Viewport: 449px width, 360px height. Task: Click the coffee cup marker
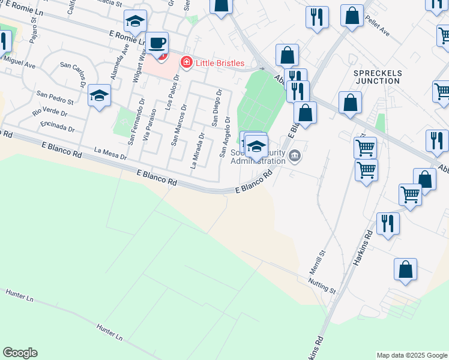(x=157, y=44)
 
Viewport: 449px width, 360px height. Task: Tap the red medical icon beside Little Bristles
(x=187, y=62)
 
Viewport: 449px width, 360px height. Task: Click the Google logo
(x=20, y=353)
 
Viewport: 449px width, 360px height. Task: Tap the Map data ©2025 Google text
(x=412, y=355)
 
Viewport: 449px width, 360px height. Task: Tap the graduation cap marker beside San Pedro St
(x=99, y=95)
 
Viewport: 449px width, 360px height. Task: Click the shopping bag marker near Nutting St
(x=406, y=269)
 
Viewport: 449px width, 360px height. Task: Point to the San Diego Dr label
(x=217, y=108)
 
